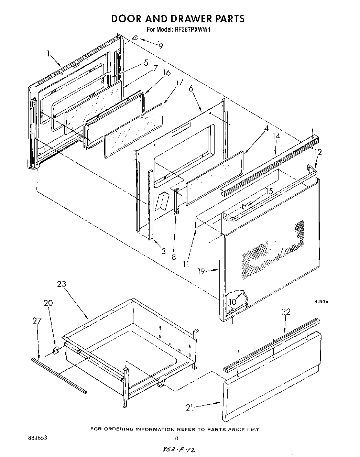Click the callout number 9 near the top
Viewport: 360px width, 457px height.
(x=161, y=46)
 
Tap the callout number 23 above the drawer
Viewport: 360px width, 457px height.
(x=62, y=284)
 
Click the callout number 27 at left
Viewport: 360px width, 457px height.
(x=37, y=321)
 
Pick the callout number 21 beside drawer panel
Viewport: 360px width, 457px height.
(x=190, y=408)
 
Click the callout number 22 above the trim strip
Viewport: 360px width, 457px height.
(x=286, y=312)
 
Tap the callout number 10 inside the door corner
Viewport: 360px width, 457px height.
(x=233, y=302)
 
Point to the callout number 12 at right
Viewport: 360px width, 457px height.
(x=318, y=152)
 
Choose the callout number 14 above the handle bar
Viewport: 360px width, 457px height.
(x=276, y=135)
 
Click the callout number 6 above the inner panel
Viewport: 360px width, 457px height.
(x=191, y=88)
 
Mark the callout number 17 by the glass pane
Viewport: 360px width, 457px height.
(x=179, y=83)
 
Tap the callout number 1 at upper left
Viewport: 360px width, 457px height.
(x=48, y=53)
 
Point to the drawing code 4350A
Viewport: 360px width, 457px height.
(x=321, y=302)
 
